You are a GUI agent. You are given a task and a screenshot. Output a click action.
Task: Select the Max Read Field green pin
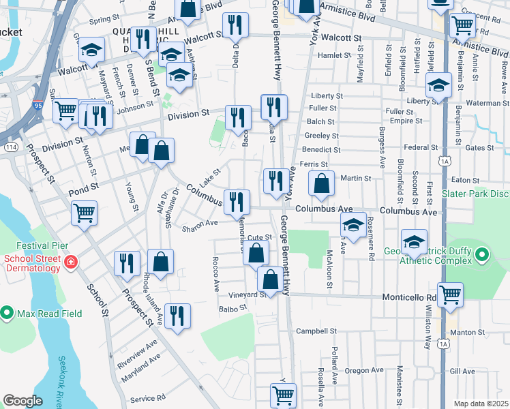coord(7,313)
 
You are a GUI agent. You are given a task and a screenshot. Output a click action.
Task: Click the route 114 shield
coord(12,147)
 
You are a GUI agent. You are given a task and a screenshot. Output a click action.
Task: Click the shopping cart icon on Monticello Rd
coord(450,294)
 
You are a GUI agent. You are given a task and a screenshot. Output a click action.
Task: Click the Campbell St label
coord(313,332)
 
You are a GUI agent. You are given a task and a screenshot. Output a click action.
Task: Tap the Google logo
coord(22,400)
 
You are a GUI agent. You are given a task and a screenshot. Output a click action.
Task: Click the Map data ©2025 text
coord(480,404)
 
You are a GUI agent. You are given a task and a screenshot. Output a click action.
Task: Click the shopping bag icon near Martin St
coord(321,183)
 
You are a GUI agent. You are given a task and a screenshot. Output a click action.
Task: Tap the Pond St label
coord(84,185)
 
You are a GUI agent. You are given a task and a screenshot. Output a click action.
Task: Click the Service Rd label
coord(147,398)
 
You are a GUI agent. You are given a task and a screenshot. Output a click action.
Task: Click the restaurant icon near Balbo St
coord(177,316)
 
